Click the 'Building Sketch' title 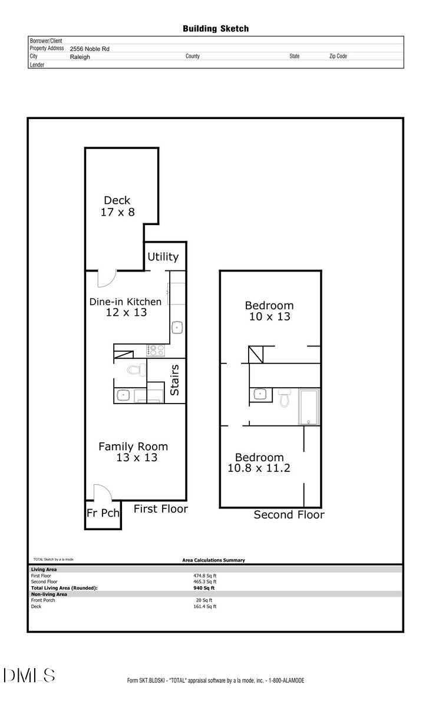tap(215, 28)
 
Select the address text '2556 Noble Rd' tap(90, 49)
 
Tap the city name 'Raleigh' tap(80, 57)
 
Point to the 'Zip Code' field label tap(338, 57)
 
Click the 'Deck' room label tap(117, 200)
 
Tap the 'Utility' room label tap(163, 257)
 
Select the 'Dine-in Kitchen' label tap(125, 302)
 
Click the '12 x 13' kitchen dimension tap(126, 313)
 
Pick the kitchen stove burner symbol tap(156, 351)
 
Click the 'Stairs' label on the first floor tap(175, 380)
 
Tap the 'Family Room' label tap(133, 447)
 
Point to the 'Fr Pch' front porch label tap(103, 513)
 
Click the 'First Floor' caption tap(160, 509)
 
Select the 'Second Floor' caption tap(289, 515)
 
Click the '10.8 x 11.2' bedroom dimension tap(258, 469)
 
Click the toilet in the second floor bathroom tap(285, 399)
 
